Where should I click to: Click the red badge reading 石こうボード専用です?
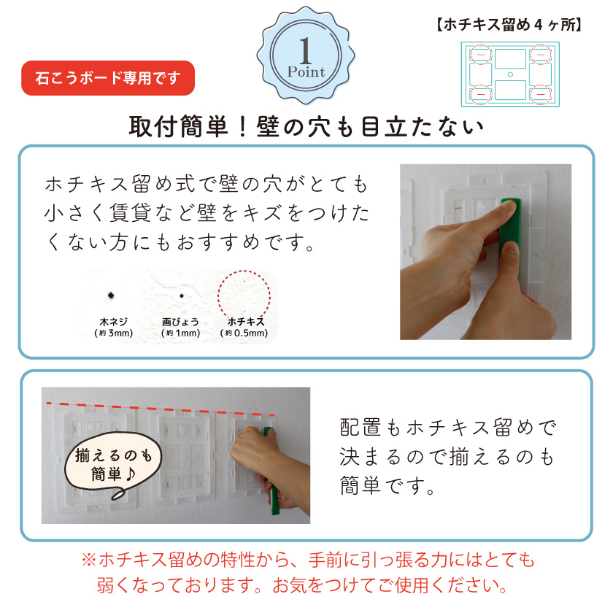109,78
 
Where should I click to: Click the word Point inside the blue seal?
306,72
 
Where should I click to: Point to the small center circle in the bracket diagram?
510,74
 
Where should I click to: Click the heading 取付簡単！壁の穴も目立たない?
306,126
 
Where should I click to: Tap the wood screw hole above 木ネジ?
110,294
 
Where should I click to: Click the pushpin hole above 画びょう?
182,296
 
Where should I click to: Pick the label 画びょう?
180,321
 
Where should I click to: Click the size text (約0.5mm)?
244,334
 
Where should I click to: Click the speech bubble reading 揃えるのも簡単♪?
112,465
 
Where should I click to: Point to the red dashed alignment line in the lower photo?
161,408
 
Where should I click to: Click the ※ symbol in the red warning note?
88,560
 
